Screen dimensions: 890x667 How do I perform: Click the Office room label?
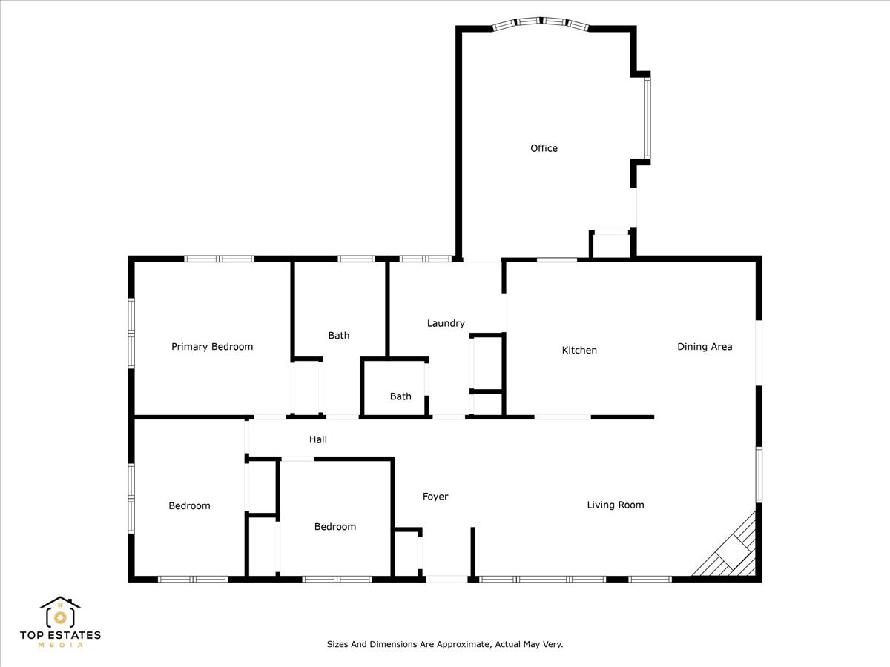click(544, 148)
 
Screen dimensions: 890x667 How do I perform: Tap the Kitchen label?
click(579, 350)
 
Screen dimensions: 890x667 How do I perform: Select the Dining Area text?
click(705, 347)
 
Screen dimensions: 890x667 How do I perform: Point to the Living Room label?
click(616, 505)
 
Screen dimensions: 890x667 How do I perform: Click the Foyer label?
click(435, 497)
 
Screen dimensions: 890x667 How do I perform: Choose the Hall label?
click(318, 439)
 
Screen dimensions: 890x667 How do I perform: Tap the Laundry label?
click(446, 323)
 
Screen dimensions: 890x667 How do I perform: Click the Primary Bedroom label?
click(212, 347)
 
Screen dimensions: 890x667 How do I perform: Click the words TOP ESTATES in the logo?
click(60, 635)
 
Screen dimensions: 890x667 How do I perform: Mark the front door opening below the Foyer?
click(446, 579)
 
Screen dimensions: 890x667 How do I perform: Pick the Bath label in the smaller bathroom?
click(400, 396)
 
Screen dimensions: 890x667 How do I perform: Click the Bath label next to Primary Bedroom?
click(338, 335)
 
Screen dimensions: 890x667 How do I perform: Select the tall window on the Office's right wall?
click(647, 118)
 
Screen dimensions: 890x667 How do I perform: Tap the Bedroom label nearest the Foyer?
click(335, 526)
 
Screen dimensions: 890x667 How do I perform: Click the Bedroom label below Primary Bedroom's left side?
click(189, 506)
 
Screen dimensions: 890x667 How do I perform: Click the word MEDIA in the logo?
click(60, 645)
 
